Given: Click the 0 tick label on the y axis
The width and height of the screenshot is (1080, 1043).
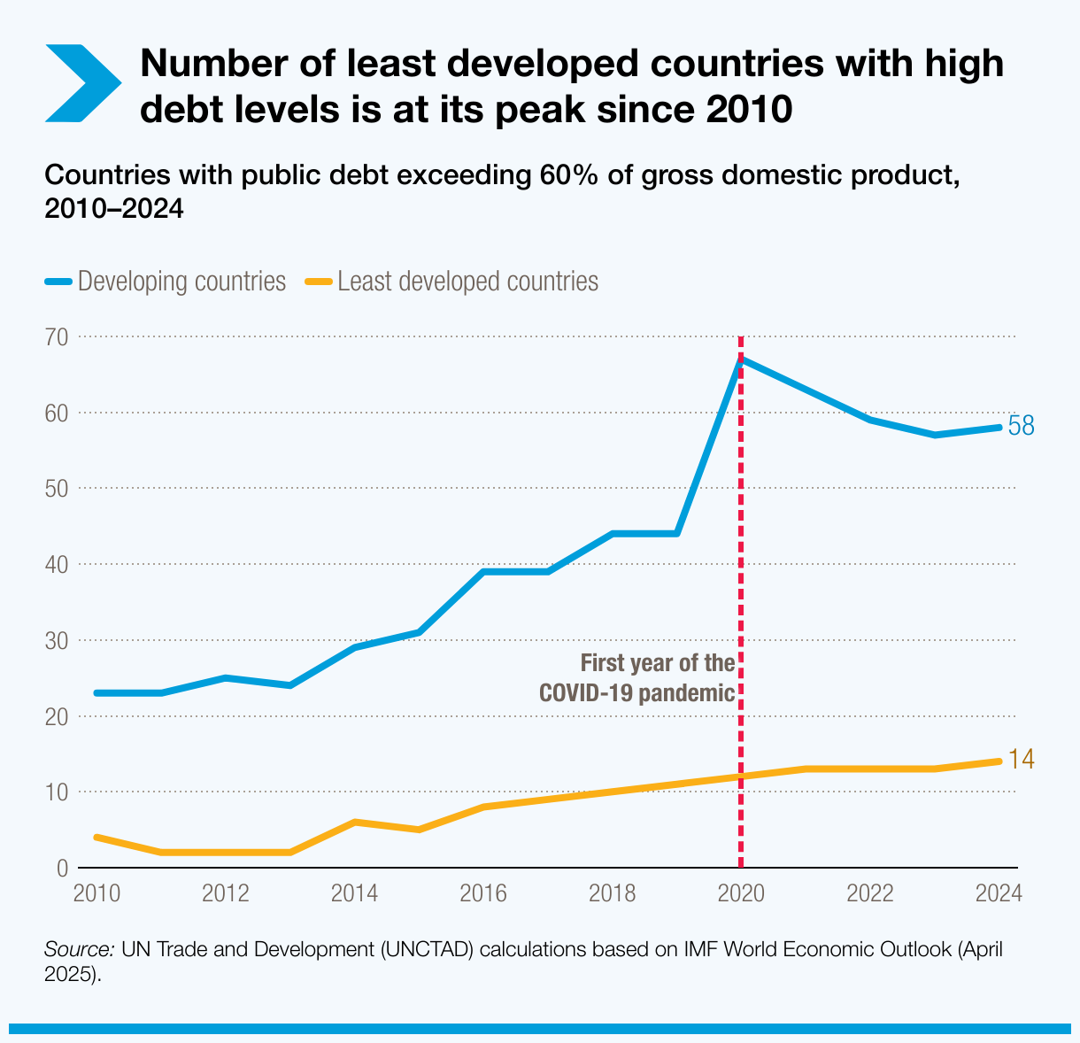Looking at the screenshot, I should (62, 868).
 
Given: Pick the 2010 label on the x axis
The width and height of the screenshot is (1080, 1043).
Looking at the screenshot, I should (96, 892).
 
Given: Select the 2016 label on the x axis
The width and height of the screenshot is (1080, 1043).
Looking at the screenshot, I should (483, 892).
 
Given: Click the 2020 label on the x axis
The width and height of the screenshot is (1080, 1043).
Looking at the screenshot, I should (741, 892).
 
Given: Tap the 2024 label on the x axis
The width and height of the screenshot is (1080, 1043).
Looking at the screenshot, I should (999, 892).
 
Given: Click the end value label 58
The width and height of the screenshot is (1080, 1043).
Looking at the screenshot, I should (1022, 427).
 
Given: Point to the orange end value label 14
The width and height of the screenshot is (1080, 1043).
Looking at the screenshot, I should (1022, 760).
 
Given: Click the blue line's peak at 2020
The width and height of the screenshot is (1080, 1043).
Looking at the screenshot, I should (741, 359).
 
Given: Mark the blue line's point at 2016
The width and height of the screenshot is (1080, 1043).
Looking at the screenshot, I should (483, 572).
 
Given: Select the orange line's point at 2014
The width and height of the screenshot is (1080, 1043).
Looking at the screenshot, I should (354, 822).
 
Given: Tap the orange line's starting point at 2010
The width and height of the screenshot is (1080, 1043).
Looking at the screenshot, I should (96, 837).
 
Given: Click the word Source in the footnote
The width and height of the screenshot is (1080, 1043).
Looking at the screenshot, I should (79, 949).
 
